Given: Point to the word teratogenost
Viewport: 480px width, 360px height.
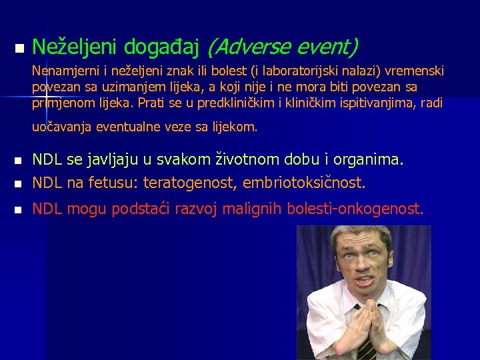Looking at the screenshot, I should tap(191, 182).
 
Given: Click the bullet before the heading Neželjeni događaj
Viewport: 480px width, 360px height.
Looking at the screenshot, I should tap(18, 49).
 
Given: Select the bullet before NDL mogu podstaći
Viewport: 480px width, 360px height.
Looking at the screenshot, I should tap(18, 209).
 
